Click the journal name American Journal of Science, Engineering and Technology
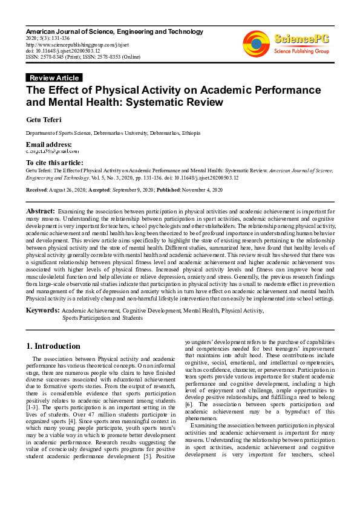(x=114, y=31)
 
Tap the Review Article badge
(x=54, y=78)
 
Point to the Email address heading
(x=48, y=145)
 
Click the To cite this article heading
(x=54, y=163)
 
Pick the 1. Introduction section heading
(x=53, y=346)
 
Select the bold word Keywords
(x=42, y=310)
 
